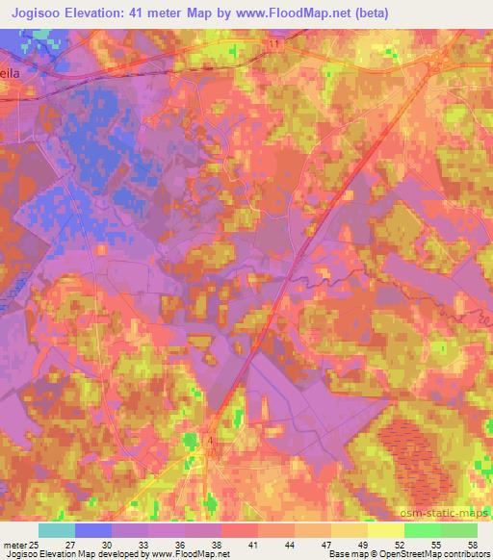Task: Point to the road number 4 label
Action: (x=209, y=439)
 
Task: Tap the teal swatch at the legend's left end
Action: (x=57, y=530)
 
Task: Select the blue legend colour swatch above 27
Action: (x=93, y=530)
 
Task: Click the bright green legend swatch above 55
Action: (x=423, y=530)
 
